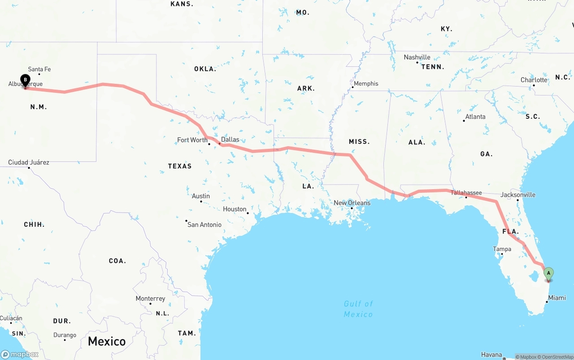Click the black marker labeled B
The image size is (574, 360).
26,81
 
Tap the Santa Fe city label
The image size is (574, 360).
39,69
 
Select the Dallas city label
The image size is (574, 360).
230,139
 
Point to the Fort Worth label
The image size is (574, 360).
192,140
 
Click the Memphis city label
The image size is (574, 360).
366,83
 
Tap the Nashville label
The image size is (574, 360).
417,57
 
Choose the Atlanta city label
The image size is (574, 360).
475,117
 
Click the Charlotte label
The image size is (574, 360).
534,80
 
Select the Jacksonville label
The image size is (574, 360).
518,195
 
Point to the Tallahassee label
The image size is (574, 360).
466,193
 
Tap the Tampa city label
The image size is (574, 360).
502,249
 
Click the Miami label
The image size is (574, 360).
557,298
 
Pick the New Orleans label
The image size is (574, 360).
352,203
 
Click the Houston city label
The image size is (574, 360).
235,209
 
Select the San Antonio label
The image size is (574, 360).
204,224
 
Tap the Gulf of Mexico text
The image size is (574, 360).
358,309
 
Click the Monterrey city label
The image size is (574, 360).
150,299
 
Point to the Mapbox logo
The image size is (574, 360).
20,354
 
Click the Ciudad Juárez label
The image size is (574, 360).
29,162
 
